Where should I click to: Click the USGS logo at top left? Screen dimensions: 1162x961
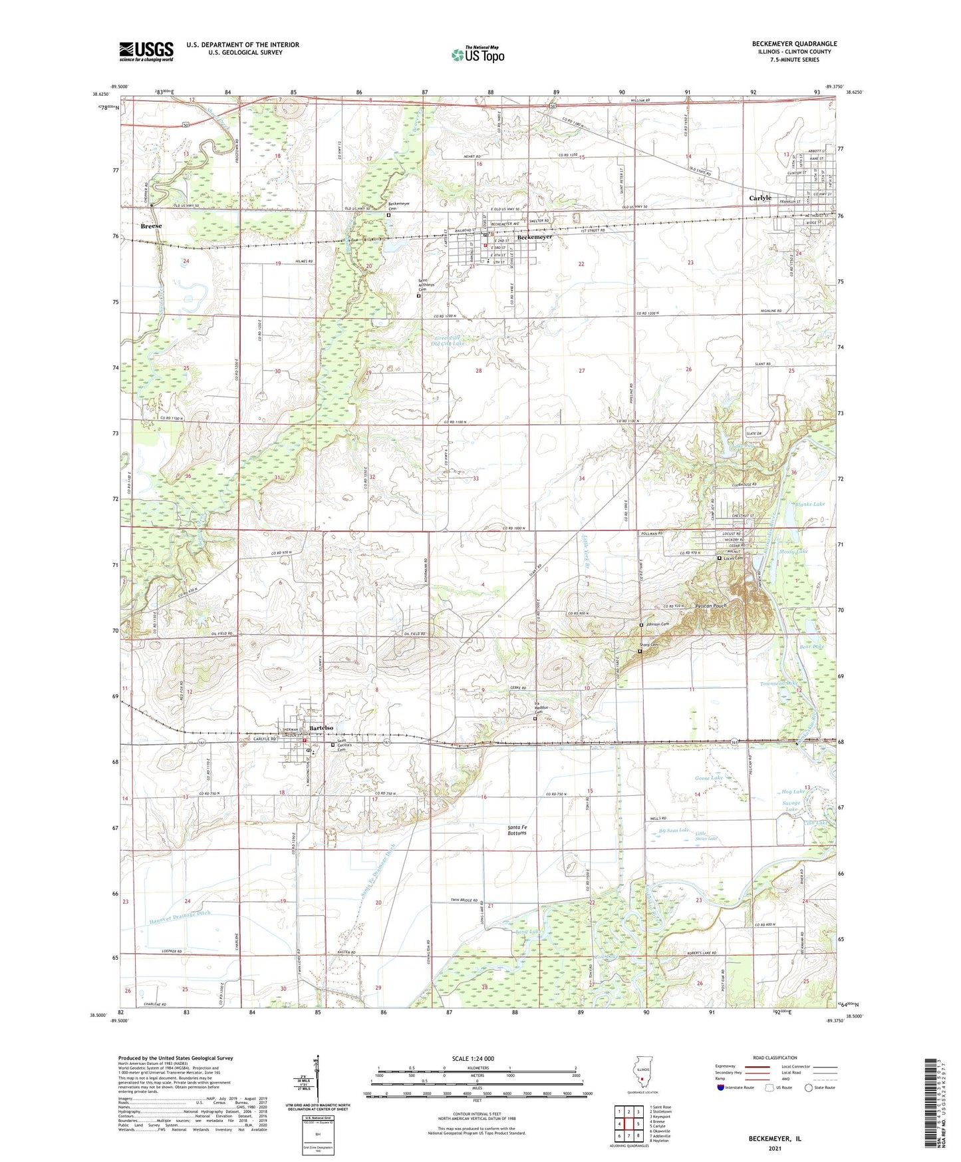pos(146,51)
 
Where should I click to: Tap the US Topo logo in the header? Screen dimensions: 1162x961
pos(478,55)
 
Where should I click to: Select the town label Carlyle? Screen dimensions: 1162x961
pos(760,198)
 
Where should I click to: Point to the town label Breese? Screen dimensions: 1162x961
pos(151,226)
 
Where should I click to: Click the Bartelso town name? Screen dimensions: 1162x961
pos(321,728)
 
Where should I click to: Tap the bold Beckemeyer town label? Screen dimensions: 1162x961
pos(535,237)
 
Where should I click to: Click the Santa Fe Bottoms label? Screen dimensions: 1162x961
pos(517,829)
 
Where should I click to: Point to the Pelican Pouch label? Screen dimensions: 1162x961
pos(711,606)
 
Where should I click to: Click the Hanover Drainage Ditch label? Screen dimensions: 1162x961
pos(178,914)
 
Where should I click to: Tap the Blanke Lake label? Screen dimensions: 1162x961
pos(809,504)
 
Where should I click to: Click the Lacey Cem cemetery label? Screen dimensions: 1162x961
pos(733,558)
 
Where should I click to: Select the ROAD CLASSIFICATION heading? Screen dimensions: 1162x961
pos(774,1058)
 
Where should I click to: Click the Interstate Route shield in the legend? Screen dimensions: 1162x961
pos(721,1087)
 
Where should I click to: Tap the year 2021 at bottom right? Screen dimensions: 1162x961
pos(774,1149)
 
